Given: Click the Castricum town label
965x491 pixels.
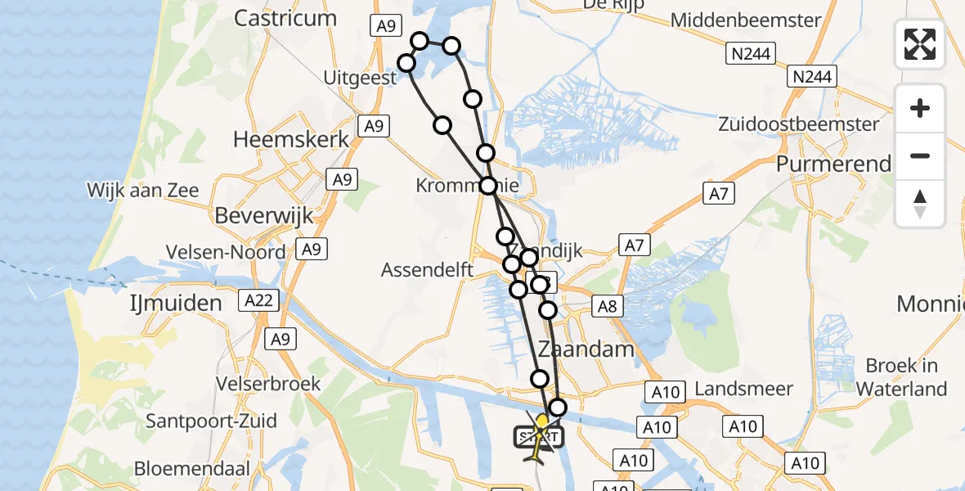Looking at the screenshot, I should pos(285,18).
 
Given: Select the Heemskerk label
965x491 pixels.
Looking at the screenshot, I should pos(291,139).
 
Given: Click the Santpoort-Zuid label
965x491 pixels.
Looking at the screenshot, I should pos(211,421).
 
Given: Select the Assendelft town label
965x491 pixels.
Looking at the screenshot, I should pos(428,269).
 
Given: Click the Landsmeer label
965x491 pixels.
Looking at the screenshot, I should pos(740,390).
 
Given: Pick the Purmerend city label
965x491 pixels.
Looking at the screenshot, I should pos(833,164).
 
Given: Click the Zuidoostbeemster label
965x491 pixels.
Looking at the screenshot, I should pos(799,124).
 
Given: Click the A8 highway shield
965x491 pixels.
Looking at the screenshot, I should pos(607,306).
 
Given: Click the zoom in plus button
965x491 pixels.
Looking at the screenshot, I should pos(920,108).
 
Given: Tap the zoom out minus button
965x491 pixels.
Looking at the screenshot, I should pos(920,155).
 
